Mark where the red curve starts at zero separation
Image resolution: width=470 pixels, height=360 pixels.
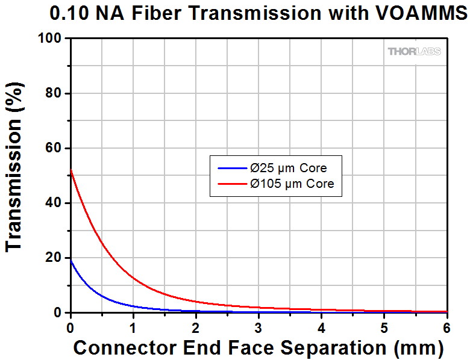pyautogui.click(x=72, y=171)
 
